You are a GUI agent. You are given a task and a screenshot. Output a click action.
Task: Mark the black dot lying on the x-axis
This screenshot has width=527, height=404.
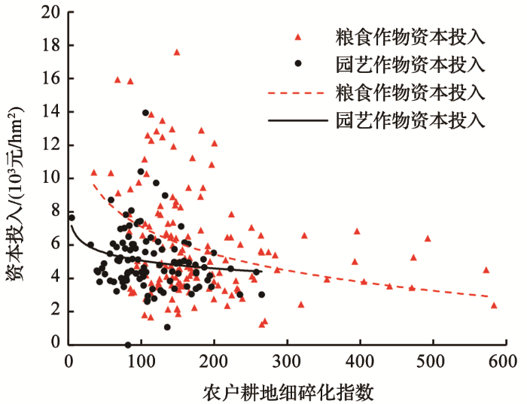128,345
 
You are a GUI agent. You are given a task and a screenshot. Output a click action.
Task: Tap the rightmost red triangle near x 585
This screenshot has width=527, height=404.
494,305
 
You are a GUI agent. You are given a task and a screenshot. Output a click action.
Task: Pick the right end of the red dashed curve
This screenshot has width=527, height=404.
489,296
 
